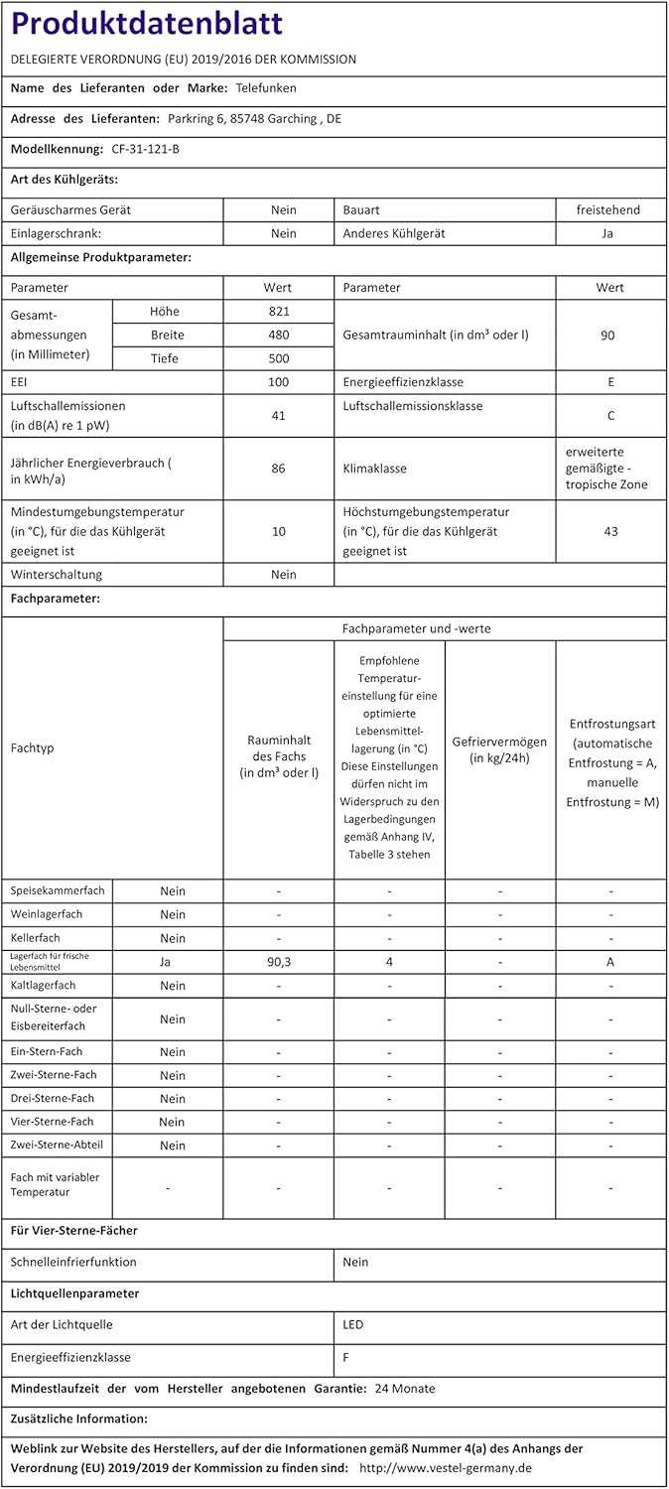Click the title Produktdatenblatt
tap(147, 24)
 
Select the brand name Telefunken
tap(266, 88)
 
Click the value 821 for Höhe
tap(278, 311)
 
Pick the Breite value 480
tap(278, 335)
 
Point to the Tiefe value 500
tap(278, 358)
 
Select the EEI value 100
tap(278, 382)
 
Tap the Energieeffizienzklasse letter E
tap(611, 382)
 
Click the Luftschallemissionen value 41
tap(278, 416)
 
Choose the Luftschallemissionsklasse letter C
tap(611, 416)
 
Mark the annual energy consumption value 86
tap(278, 468)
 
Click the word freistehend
tap(608, 209)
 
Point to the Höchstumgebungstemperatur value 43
tap(610, 531)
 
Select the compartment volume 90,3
tap(278, 962)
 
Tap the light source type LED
tap(353, 1325)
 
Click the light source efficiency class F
tap(346, 1357)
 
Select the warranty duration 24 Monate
tap(405, 1389)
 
